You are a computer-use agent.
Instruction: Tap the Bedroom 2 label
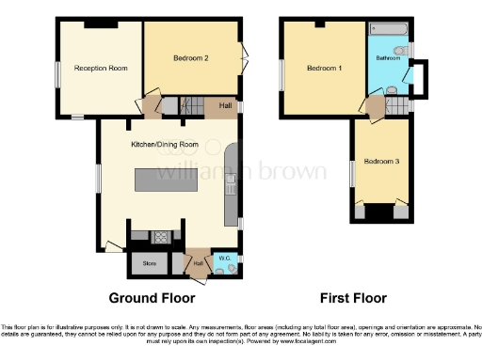click(191, 58)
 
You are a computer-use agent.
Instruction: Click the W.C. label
click(224, 258)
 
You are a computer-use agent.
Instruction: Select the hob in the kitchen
click(159, 237)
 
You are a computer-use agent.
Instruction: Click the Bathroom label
click(387, 58)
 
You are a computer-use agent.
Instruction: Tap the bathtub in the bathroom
click(387, 28)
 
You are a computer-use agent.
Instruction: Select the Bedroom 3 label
click(382, 162)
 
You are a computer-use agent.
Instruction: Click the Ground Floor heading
click(153, 298)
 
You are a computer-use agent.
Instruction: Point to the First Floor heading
click(353, 298)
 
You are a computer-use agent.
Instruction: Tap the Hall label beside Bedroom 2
click(226, 106)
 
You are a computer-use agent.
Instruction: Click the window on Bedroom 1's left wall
click(281, 74)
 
